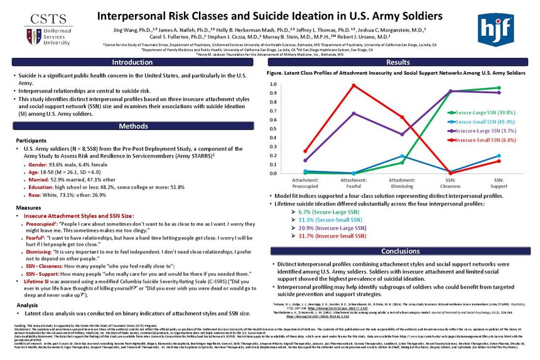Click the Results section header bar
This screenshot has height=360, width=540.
[398, 62]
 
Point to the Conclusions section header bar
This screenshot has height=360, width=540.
[398, 251]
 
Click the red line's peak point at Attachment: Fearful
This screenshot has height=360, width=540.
[354, 85]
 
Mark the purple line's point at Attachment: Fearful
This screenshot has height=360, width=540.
[354, 114]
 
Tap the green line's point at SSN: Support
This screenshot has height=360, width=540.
[499, 88]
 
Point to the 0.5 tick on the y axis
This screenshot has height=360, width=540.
[272, 129]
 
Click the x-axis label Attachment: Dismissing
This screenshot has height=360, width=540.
[402, 183]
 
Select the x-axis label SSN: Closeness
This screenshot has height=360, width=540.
[450, 183]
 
